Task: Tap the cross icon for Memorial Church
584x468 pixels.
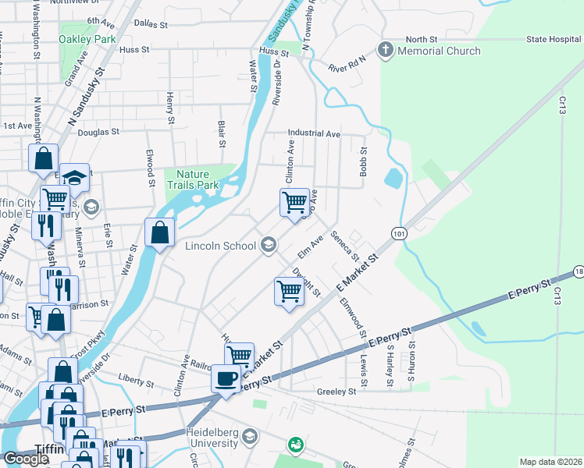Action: tap(384, 51)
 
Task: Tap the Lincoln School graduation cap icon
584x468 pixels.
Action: tap(268, 246)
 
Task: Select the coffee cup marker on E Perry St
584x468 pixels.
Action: tap(226, 378)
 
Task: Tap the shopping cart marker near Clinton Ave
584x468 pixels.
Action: tap(294, 202)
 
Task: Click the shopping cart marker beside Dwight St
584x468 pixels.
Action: tap(289, 292)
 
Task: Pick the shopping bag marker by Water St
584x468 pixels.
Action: tap(159, 232)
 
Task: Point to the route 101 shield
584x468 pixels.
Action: tap(399, 233)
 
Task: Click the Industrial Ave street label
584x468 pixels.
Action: tap(314, 134)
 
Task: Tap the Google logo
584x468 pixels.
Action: tap(26, 459)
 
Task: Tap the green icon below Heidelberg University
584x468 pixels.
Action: tap(295, 445)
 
